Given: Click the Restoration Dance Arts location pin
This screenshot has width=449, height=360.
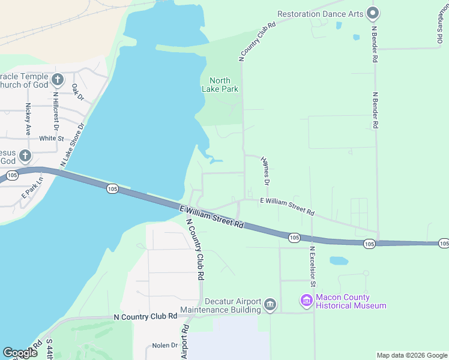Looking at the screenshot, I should pyautogui.click(x=373, y=13).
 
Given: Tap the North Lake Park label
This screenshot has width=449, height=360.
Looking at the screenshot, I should pyautogui.click(x=224, y=85).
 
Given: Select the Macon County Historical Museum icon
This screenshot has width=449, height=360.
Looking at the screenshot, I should pyautogui.click(x=307, y=300).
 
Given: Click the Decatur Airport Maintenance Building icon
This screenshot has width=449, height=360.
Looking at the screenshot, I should pyautogui.click(x=270, y=305).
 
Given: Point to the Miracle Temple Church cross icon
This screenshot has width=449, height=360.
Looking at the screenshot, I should pyautogui.click(x=58, y=79).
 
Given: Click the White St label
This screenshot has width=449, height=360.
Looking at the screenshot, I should pyautogui.click(x=51, y=138).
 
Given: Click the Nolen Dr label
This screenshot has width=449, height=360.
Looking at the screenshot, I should pyautogui.click(x=164, y=345).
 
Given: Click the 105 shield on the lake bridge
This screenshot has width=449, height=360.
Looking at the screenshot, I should pyautogui.click(x=112, y=188).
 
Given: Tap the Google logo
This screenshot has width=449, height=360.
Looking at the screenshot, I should pyautogui.click(x=20, y=352).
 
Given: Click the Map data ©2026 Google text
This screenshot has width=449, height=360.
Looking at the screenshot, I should pyautogui.click(x=411, y=355).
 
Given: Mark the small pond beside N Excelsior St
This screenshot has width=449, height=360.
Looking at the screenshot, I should pyautogui.click(x=339, y=261).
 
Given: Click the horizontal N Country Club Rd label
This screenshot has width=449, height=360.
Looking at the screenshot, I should pyautogui.click(x=146, y=316).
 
